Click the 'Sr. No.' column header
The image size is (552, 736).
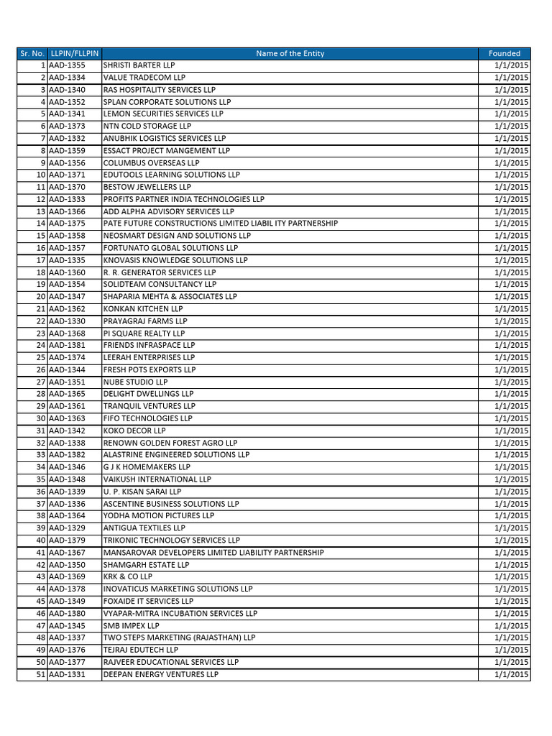[x=32, y=53]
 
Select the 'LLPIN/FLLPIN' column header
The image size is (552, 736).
[x=74, y=53]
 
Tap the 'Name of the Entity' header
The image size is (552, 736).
[x=290, y=53]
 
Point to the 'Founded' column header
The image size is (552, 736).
[x=504, y=53]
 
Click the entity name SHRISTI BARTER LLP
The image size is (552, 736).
[x=139, y=65]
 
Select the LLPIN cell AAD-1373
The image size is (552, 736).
[x=67, y=126]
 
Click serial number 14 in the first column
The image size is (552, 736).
[x=40, y=224]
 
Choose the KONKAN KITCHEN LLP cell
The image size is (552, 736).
[x=142, y=309]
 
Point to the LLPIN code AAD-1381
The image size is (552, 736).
[x=67, y=345]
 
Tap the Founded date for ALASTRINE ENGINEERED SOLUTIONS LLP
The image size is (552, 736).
[x=511, y=455]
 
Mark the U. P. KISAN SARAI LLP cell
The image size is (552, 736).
[x=142, y=492]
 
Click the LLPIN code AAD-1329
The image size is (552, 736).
[x=67, y=528]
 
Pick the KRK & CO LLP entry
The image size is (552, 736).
[x=127, y=576]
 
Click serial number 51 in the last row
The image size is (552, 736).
[x=40, y=674]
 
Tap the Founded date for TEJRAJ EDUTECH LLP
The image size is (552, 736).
[x=511, y=650]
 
